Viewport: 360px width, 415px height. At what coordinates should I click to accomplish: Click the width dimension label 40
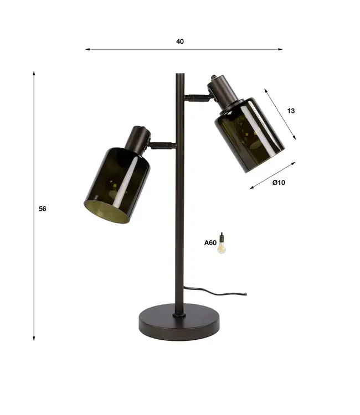point(180,41)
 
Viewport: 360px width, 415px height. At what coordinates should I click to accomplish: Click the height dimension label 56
point(43,209)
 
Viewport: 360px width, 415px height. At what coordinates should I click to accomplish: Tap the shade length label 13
point(291,111)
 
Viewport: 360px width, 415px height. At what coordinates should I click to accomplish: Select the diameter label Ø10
point(279,183)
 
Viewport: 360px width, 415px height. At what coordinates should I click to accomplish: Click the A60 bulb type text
point(210,243)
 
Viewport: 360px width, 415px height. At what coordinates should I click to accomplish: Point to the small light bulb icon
point(222,243)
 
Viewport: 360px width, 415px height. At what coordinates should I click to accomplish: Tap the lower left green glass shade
point(117,184)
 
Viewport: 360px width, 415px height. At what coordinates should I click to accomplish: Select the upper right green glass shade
point(250,134)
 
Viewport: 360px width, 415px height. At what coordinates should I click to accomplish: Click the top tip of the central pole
point(180,74)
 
